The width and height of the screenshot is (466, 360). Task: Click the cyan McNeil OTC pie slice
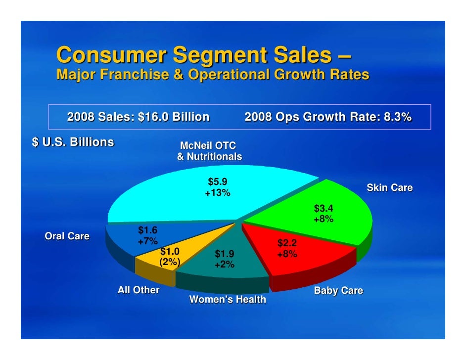[x=163, y=198]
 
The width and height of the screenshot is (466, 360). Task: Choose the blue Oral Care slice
[x=124, y=237]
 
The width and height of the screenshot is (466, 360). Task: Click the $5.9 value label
[x=218, y=182]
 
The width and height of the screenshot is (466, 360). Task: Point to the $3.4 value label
[x=324, y=208]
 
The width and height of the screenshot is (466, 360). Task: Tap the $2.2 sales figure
[x=287, y=243]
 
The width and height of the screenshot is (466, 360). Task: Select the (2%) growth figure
[x=169, y=262]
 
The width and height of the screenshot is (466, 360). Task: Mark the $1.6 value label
[x=147, y=230]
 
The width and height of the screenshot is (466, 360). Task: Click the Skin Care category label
[x=389, y=188]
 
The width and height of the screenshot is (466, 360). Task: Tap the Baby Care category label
[x=338, y=291]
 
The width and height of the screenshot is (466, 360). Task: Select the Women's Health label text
[x=228, y=299]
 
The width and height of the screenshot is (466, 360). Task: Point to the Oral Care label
[x=67, y=236]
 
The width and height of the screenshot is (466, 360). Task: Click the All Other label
[x=139, y=290]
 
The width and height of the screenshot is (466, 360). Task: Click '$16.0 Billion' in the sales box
[x=173, y=117]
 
